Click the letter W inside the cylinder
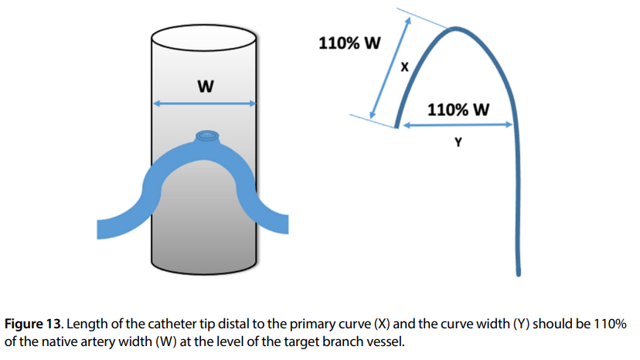[x=205, y=87]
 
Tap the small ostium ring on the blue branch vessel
[x=206, y=137]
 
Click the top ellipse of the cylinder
[x=204, y=37]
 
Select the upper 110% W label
[x=349, y=43]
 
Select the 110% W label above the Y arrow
[x=458, y=109]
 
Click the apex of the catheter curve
[x=458, y=29]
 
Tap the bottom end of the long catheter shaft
[x=519, y=272]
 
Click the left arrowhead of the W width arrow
[x=155, y=104]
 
